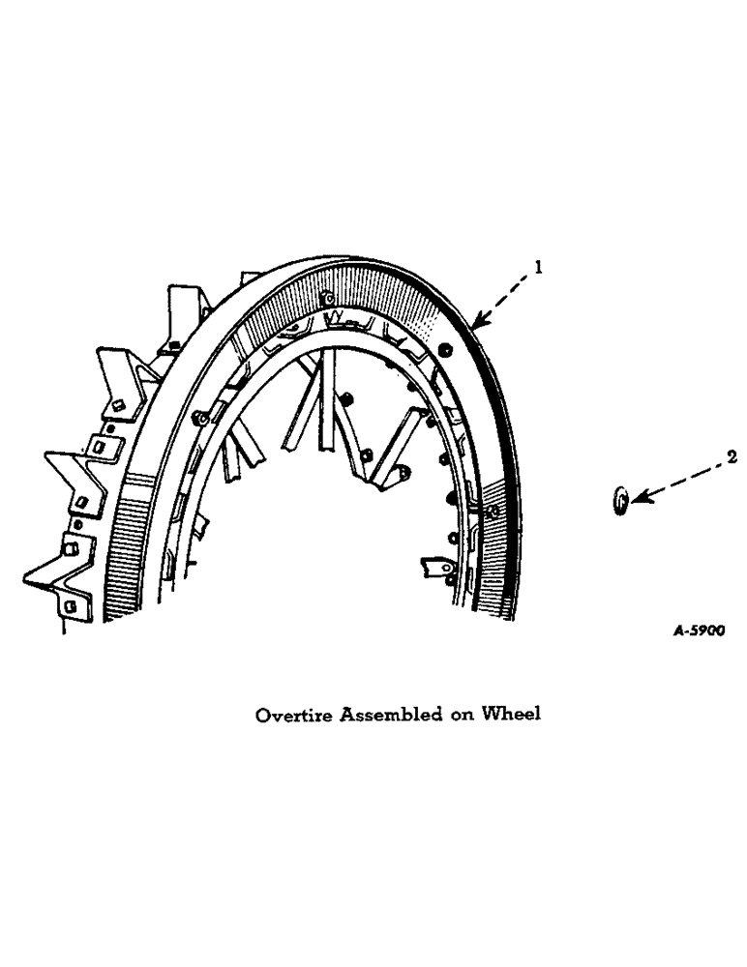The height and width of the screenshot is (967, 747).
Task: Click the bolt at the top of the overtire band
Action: tap(328, 296)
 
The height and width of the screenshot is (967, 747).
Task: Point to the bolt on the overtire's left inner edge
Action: tap(199, 418)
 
